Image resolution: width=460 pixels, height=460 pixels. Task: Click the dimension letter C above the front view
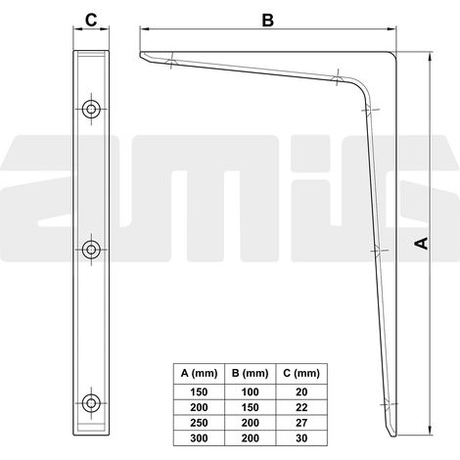point(91,21)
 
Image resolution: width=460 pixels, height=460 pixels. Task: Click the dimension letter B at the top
point(268,21)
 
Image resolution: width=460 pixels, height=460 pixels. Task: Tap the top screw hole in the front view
point(91,109)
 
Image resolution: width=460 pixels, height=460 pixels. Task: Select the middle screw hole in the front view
point(91,250)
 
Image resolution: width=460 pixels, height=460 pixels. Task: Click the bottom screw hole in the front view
point(91,403)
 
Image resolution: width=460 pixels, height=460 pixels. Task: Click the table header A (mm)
point(199,373)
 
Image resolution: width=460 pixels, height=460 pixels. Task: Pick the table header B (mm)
point(251,373)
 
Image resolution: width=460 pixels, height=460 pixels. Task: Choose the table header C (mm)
point(301,373)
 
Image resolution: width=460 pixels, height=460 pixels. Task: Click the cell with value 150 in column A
point(199,391)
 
